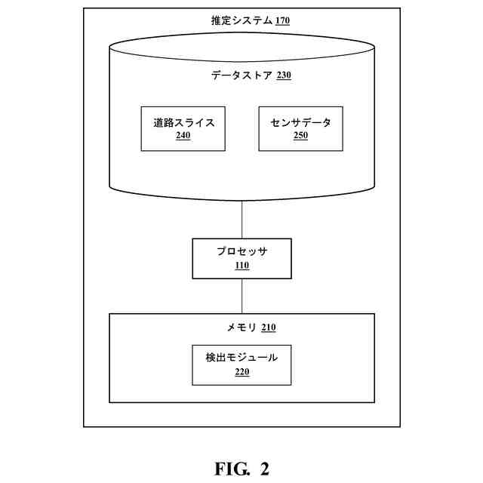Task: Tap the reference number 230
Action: click(x=283, y=75)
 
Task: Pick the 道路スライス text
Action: click(x=183, y=122)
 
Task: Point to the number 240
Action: click(x=183, y=137)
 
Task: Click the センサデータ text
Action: click(x=300, y=122)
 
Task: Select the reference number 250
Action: click(x=300, y=137)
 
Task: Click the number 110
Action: click(x=241, y=265)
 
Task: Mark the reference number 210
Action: click(x=268, y=328)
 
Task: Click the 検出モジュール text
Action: click(x=241, y=357)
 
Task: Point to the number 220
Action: click(x=241, y=371)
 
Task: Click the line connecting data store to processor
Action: click(x=241, y=220)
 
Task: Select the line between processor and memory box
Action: click(x=241, y=295)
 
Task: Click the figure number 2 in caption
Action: click(x=264, y=469)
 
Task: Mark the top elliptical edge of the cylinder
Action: click(x=241, y=33)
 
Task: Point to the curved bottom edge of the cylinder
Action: click(x=241, y=202)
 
